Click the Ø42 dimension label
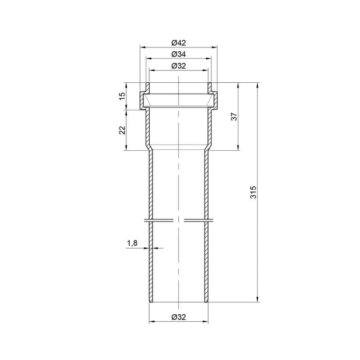pos(179,43)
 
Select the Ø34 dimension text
pos(179,54)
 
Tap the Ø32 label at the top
pos(179,66)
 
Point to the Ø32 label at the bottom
pos(179,317)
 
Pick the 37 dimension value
pos(234,117)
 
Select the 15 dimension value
pos(122,96)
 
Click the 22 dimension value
pos(122,130)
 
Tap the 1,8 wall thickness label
pos(132,243)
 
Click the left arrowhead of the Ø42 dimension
pos(143,47)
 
